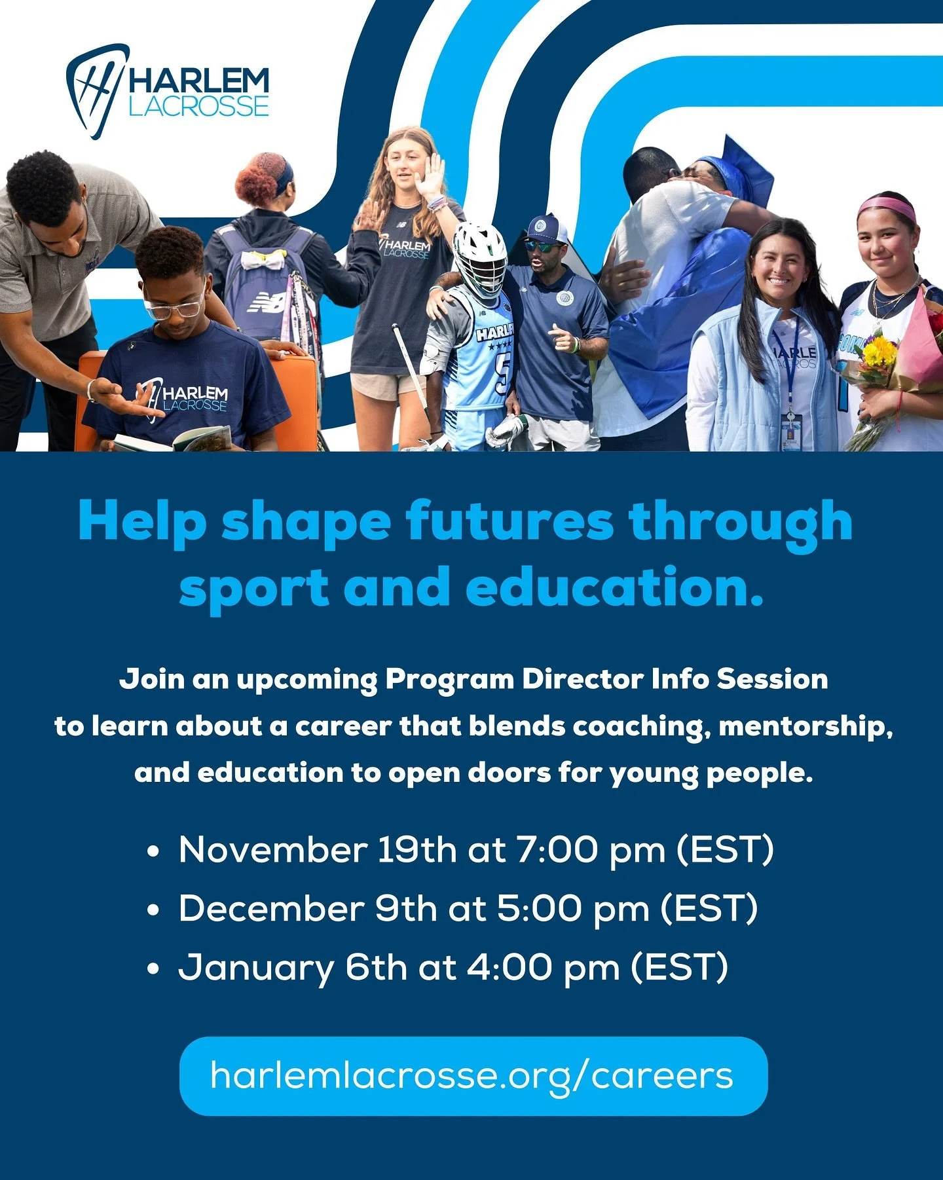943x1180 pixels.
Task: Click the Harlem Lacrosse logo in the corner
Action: coord(168,91)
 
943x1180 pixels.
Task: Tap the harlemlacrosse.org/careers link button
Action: coord(473,1076)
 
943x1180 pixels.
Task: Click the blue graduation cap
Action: coord(740,167)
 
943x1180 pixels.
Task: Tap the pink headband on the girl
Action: coord(887,207)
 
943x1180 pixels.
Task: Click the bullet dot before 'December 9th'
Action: coord(155,910)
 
